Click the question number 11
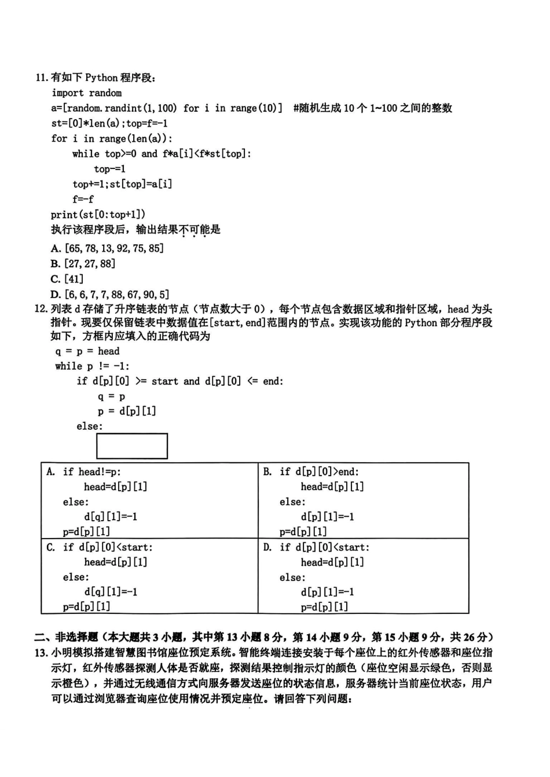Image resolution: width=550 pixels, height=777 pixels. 42,78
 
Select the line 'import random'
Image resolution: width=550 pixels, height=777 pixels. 87,93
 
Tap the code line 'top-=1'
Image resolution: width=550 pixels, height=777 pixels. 110,169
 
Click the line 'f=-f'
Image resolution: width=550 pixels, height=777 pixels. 83,199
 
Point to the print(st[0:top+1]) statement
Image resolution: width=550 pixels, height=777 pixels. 98,214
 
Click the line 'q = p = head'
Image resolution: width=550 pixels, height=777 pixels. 87,351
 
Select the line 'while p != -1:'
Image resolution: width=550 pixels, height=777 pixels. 93,366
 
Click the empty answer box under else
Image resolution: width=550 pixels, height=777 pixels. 132,446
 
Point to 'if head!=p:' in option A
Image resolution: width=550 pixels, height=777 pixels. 92,472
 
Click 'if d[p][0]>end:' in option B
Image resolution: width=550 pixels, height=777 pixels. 319,472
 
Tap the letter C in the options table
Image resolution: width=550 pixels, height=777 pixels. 51,547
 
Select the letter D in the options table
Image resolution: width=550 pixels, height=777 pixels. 267,547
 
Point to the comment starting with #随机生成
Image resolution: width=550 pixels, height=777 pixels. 373,108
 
